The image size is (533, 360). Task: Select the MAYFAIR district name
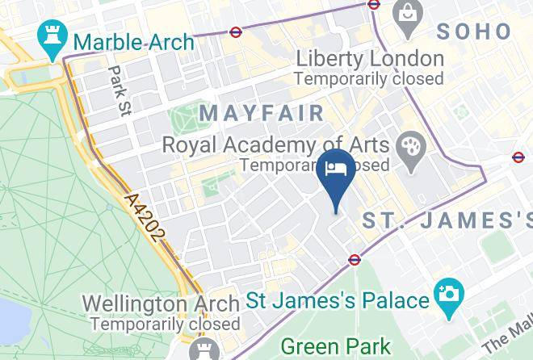262,113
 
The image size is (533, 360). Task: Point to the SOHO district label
474,31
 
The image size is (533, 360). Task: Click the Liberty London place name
370,59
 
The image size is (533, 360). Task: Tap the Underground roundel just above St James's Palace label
355,260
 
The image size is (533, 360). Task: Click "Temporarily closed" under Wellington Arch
165,324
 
